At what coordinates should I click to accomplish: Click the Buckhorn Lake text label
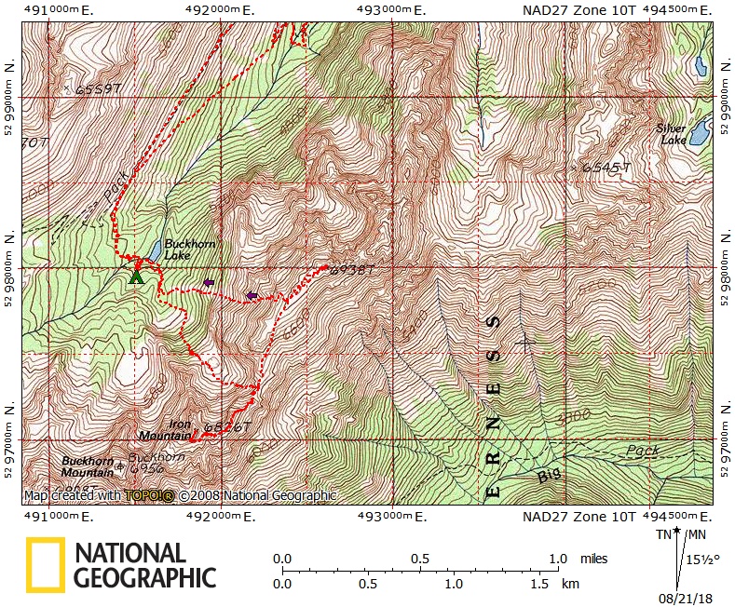[190, 250]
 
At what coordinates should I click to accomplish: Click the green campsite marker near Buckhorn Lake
[136, 276]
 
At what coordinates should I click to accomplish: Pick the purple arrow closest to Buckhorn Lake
[209, 282]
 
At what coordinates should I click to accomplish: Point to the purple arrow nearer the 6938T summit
[251, 296]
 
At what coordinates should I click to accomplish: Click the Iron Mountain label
[165, 430]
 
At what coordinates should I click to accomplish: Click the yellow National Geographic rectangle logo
[45, 565]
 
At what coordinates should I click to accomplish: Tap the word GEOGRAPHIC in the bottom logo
[144, 577]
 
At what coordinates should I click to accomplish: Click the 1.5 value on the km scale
[538, 585]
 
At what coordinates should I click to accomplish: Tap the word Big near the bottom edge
[550, 476]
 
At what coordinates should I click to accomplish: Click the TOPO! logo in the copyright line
[149, 496]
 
